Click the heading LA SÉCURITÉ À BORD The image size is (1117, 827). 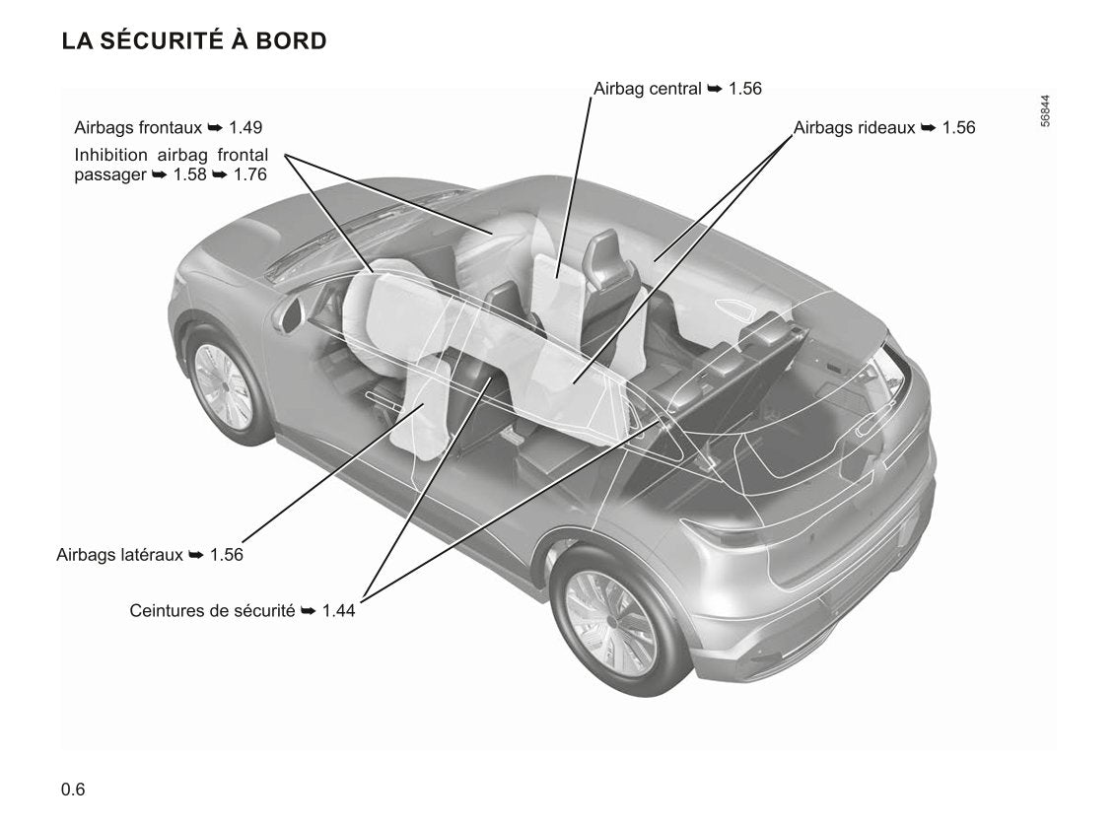194,41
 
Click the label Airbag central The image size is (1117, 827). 647,89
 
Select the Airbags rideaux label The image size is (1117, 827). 854,128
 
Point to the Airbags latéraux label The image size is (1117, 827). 119,555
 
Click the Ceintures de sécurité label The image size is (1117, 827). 212,611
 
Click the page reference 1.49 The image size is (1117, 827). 245,128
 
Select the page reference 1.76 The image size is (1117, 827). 250,174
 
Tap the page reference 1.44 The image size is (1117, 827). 338,611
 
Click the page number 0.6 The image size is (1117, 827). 73,790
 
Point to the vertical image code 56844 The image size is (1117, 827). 1045,110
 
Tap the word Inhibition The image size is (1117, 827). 110,156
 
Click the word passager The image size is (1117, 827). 109,174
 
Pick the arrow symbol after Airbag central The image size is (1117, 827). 716,89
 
